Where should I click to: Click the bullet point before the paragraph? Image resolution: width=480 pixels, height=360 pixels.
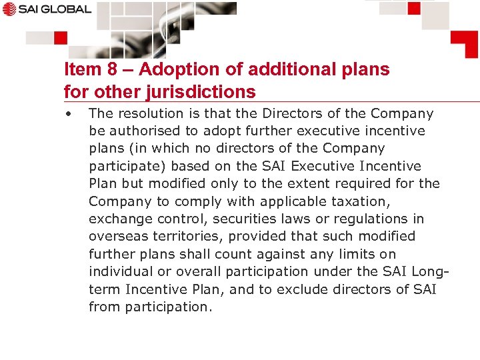(68, 113)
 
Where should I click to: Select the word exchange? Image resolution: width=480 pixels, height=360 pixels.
(118, 219)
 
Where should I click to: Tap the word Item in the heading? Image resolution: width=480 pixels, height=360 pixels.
(79, 69)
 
